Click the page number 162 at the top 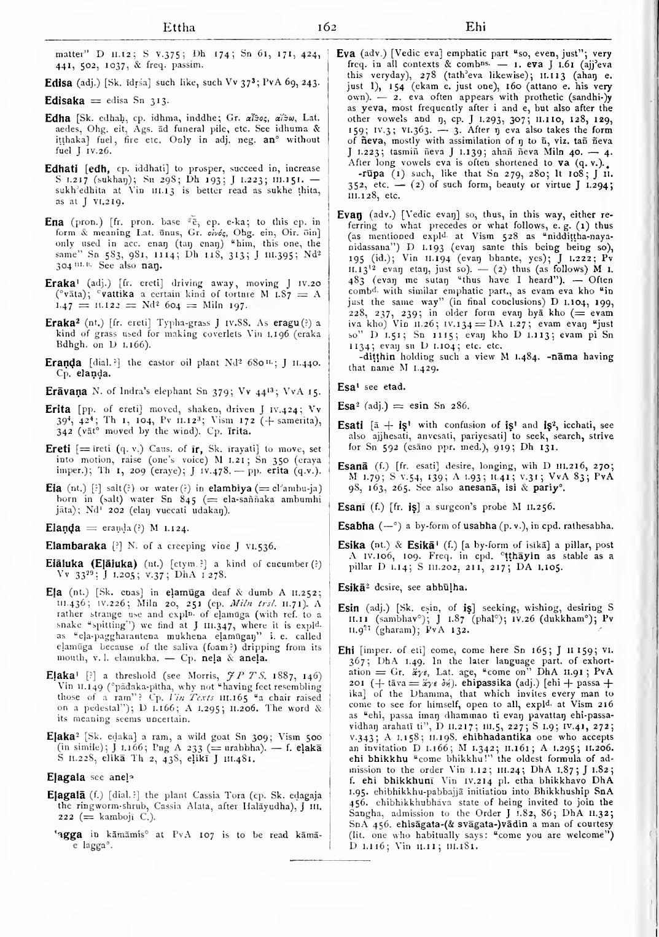coord(327,27)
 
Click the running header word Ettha coord(179,28)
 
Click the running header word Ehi coord(475,27)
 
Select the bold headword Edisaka coord(64,100)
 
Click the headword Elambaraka coord(76,546)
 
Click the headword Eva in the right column coord(346,53)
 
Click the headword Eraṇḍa coord(66,363)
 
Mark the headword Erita coord(58,409)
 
